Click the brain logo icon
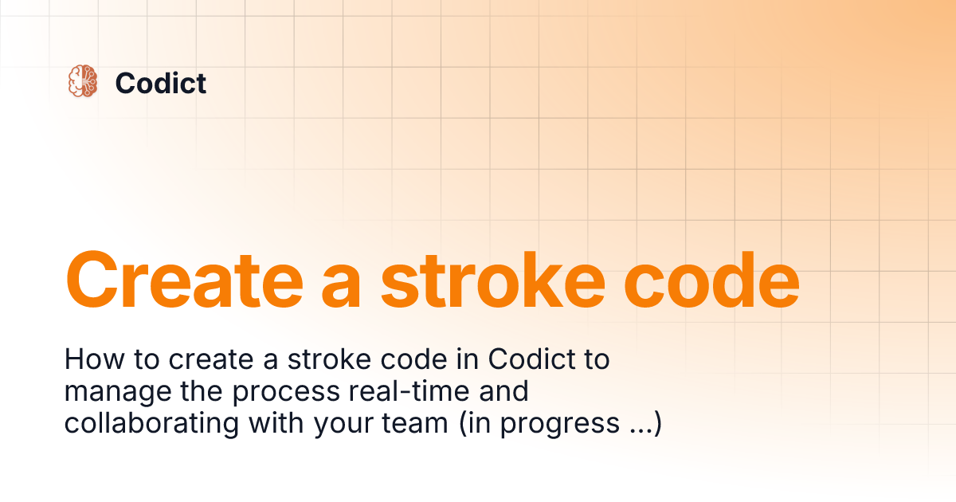click(x=83, y=82)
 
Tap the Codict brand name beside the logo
click(x=161, y=83)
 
